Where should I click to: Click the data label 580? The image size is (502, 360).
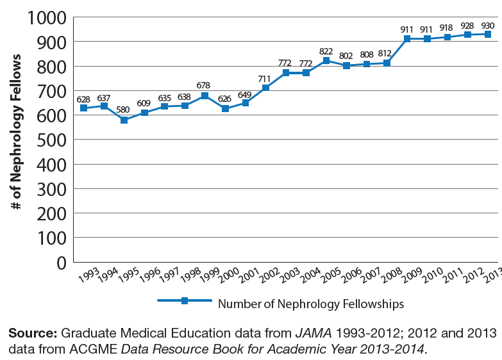(124, 110)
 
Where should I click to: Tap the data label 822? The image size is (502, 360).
(326, 51)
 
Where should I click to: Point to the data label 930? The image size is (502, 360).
(487, 24)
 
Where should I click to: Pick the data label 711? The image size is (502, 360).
(265, 78)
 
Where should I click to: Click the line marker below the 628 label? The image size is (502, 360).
(83, 108)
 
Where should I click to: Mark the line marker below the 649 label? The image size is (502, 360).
(245, 103)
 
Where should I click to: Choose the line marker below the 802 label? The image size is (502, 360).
(346, 65)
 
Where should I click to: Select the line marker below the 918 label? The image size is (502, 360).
(447, 37)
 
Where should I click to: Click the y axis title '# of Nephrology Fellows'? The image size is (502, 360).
(17, 133)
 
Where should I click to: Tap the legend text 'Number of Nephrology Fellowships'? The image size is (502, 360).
(311, 303)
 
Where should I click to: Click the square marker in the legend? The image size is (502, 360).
(183, 301)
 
